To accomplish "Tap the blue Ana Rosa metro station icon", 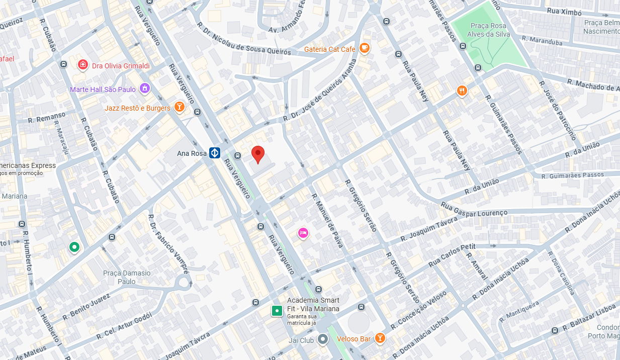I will click(215, 153).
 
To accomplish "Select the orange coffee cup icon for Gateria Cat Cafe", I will click(365, 49).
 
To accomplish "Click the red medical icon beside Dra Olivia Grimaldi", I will click(83, 65).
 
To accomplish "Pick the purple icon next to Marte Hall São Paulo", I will click(145, 89).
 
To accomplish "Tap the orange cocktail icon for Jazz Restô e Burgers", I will click(179, 107).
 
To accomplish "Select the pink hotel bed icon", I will click(303, 233).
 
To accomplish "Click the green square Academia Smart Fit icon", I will click(276, 311).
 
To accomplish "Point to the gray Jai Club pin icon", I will click(322, 339).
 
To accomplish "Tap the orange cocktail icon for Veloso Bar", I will click(380, 338).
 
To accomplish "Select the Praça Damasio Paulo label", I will click(127, 277).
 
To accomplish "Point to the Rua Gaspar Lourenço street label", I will click(474, 209).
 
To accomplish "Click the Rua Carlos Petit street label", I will click(452, 256).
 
